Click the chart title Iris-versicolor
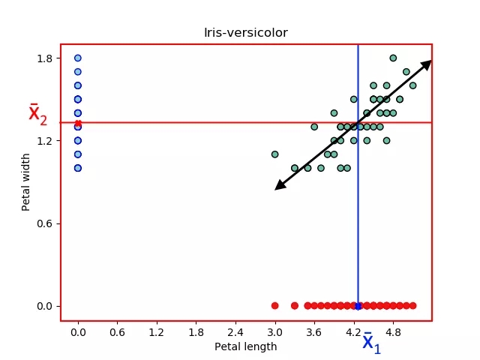click(x=246, y=33)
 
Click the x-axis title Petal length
click(x=246, y=346)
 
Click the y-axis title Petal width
click(x=26, y=181)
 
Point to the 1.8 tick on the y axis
click(x=44, y=58)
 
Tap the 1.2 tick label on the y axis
click(x=44, y=141)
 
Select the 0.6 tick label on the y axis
click(x=44, y=223)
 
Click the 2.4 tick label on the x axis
click(x=235, y=331)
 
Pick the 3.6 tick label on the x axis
click(x=314, y=331)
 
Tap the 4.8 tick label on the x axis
click(x=393, y=331)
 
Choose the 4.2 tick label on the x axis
click(x=354, y=331)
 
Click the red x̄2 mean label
click(x=37, y=115)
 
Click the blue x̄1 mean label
click(x=372, y=343)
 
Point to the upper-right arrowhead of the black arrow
click(x=427, y=64)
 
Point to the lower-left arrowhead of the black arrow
click(x=279, y=186)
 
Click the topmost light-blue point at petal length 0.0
click(x=78, y=58)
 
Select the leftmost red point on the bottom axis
click(x=274, y=305)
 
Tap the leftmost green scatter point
click(x=274, y=154)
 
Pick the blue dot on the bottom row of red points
click(x=358, y=305)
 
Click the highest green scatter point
click(x=393, y=58)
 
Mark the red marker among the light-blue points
click(x=78, y=123)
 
